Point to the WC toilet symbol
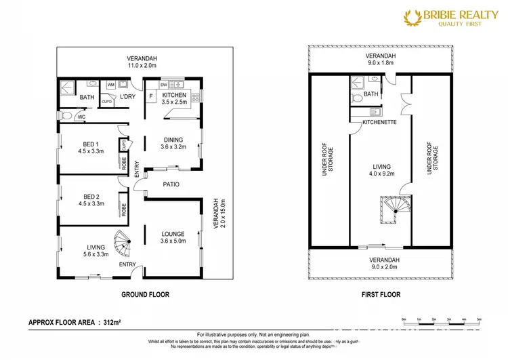pos(66,117)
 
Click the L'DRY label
pos(128,98)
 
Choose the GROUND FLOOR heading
pos(145,295)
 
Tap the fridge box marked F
pos(151,96)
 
